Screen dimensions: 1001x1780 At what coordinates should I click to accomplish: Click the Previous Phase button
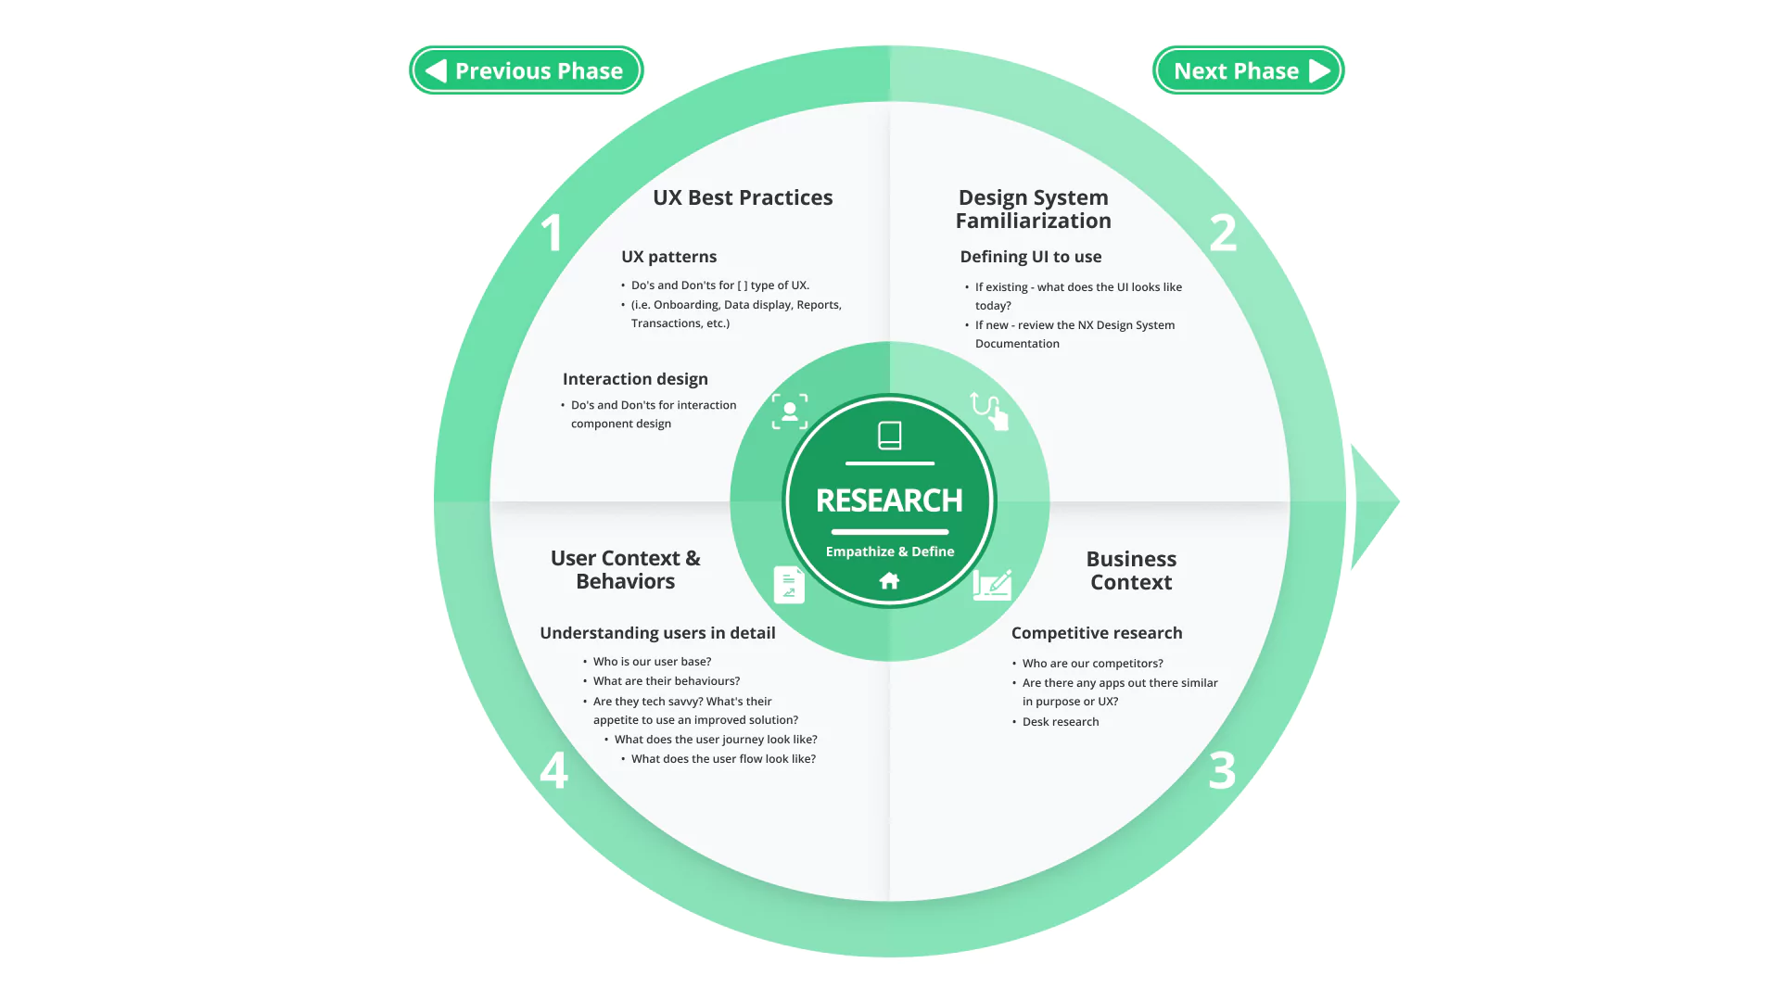point(527,70)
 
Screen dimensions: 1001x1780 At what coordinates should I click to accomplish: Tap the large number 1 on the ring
point(552,232)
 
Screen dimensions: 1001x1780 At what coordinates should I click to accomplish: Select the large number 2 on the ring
point(1223,233)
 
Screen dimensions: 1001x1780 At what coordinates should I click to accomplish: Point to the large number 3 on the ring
point(1222,770)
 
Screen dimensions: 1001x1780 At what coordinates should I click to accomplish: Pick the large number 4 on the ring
point(553,770)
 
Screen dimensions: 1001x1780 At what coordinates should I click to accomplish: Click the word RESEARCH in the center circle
point(889,500)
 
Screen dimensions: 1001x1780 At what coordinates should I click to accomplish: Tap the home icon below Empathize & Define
point(889,581)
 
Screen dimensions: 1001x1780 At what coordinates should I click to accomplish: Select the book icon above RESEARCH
point(889,436)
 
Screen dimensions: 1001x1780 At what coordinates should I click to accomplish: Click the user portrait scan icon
point(790,412)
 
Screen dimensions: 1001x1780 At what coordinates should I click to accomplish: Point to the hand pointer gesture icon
point(989,411)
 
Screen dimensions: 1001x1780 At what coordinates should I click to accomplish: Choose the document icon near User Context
point(789,585)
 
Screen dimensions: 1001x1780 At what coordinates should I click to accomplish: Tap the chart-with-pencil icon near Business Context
point(992,585)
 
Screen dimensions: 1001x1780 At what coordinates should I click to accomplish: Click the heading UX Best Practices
point(743,197)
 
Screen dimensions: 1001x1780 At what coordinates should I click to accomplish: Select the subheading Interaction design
point(635,379)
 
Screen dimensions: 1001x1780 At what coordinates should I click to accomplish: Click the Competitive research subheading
point(1097,633)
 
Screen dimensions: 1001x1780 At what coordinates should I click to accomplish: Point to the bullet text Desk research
point(1061,722)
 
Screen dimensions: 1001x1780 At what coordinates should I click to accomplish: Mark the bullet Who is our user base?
point(652,662)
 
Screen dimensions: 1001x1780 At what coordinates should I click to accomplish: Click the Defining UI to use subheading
point(1031,257)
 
